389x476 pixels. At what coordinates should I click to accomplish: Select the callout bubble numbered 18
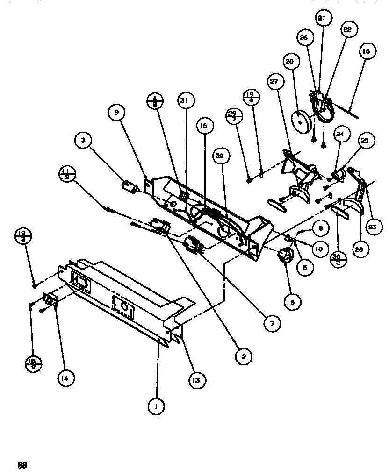(366, 52)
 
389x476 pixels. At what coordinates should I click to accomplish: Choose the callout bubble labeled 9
(115, 112)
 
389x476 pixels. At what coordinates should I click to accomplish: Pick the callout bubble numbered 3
(83, 140)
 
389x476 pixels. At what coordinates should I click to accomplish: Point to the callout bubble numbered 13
(196, 380)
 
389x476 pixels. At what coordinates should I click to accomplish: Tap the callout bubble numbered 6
(293, 302)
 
